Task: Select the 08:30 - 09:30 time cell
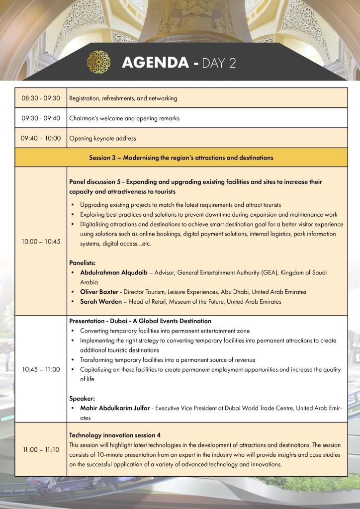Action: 41,98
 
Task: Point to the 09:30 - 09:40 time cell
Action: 41,118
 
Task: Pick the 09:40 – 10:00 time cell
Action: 41,138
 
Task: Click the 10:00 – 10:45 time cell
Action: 41,241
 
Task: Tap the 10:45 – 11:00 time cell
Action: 41,369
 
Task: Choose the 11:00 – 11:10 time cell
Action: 41,450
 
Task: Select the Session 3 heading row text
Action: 181,158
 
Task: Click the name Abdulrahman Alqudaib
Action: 116,273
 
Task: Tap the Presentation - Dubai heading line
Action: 140,321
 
